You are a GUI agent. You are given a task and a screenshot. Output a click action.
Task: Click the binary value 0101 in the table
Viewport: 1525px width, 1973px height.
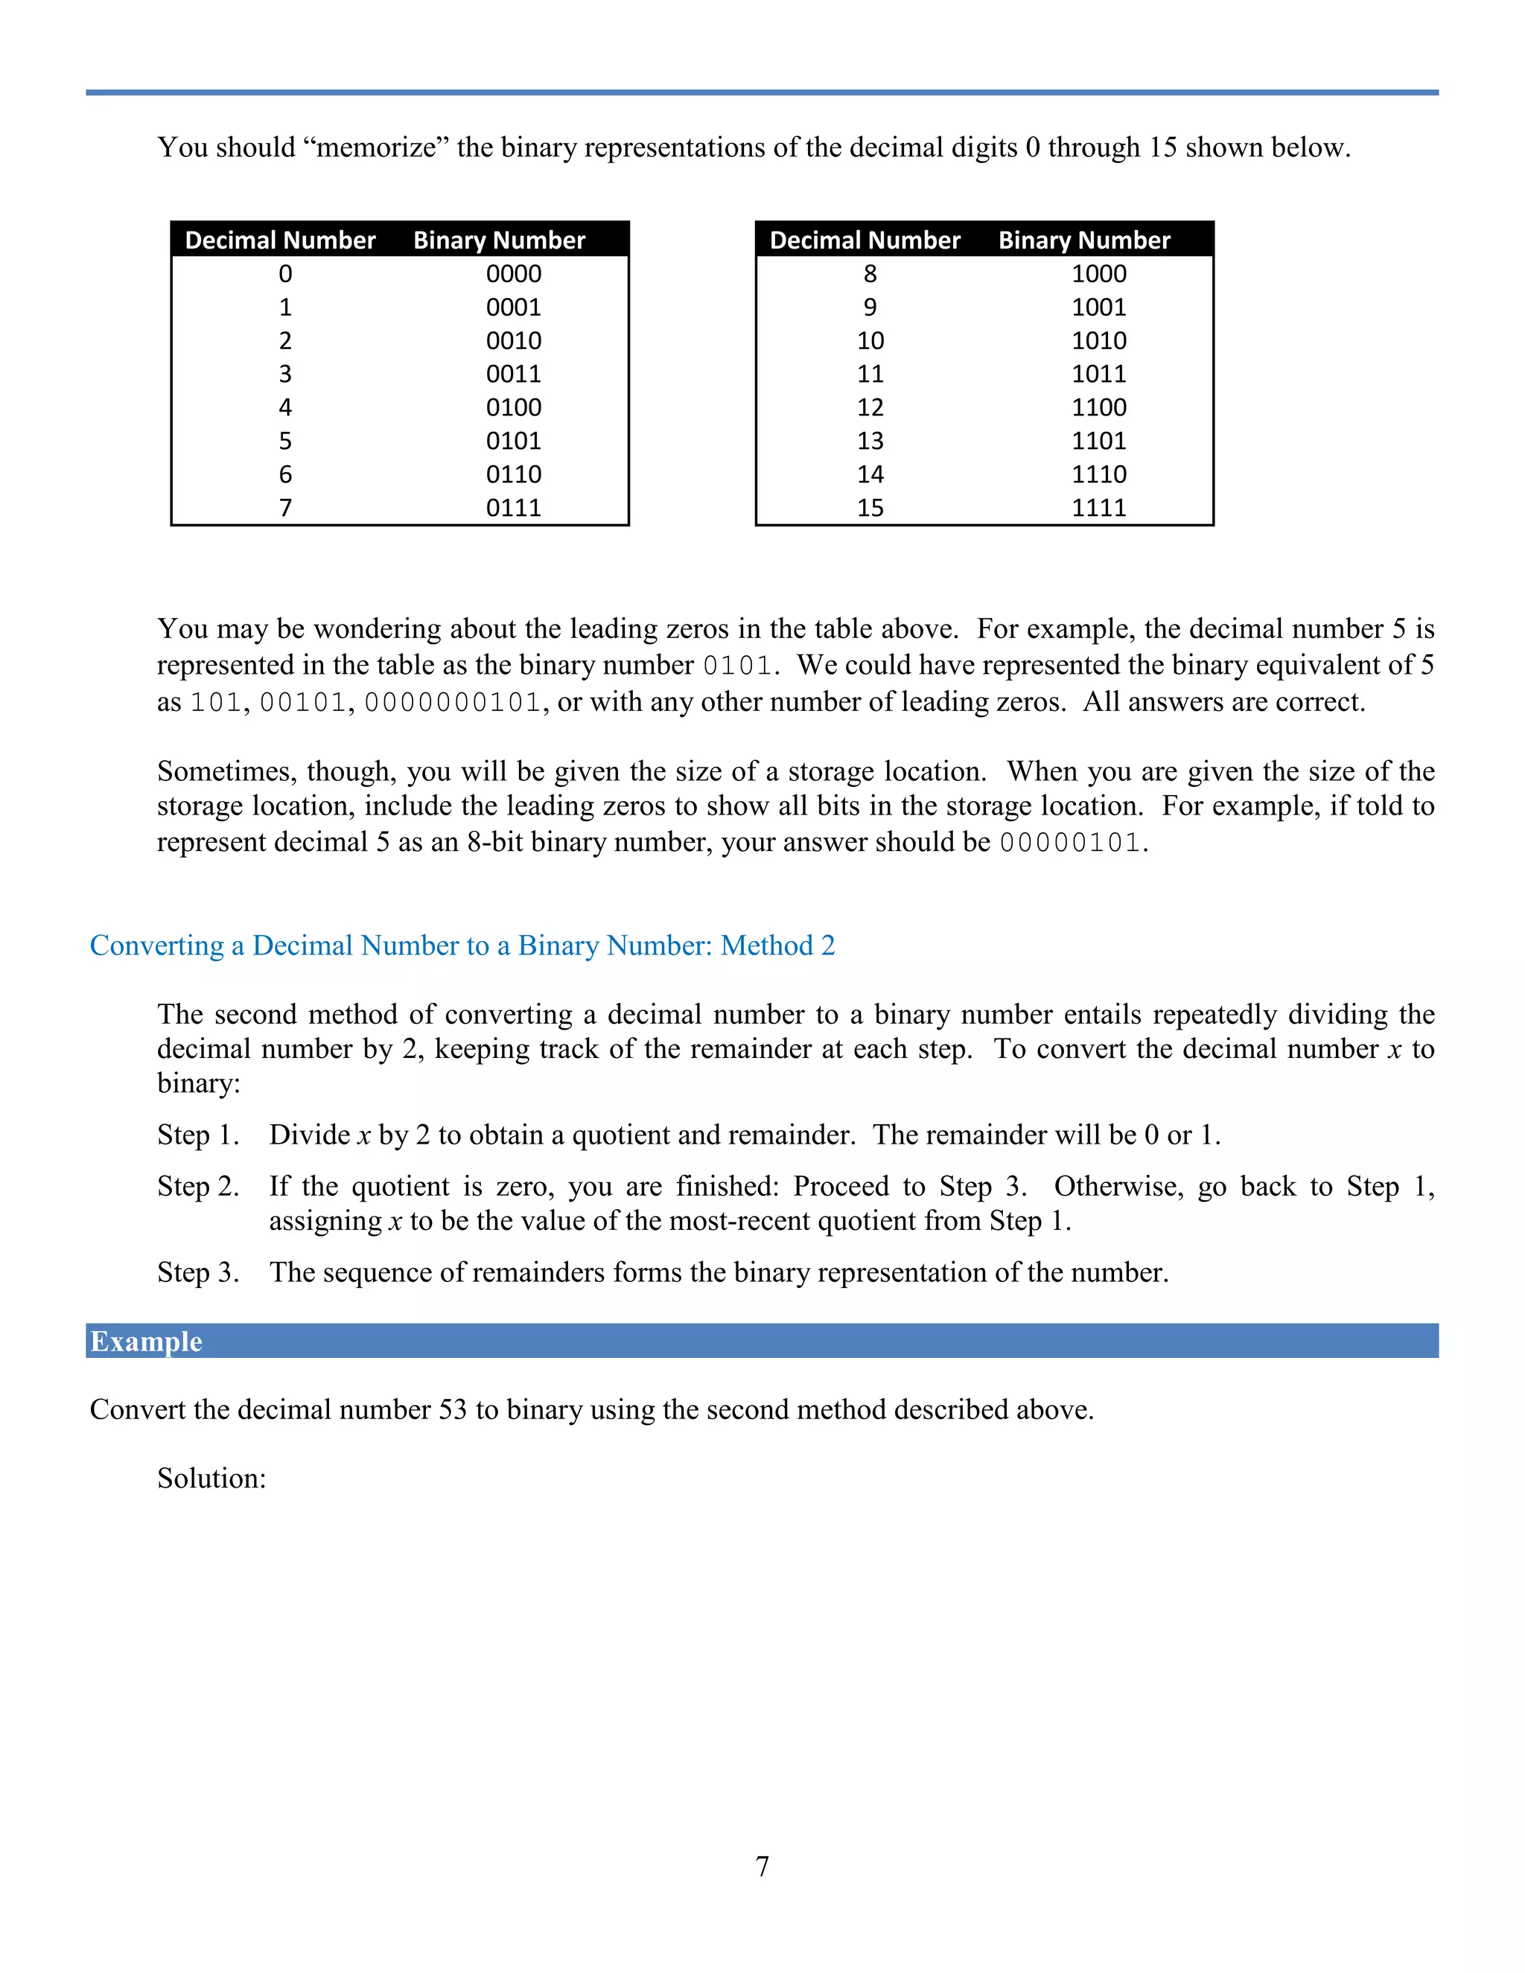tap(513, 441)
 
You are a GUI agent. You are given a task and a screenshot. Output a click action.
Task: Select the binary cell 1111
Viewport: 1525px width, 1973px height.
tap(1098, 508)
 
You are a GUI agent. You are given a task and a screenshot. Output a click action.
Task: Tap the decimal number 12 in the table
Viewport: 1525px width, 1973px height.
tap(870, 407)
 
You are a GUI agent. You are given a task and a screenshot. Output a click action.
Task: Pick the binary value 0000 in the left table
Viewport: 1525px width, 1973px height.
tap(513, 274)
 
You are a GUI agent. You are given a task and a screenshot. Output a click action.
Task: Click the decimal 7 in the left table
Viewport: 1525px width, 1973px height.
tap(285, 508)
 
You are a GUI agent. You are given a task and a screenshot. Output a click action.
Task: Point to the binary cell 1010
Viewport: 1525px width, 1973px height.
tap(1098, 340)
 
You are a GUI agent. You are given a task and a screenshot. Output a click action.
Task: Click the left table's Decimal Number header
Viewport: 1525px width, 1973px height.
tap(280, 240)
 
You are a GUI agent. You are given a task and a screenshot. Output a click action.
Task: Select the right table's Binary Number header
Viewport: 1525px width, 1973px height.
tap(1084, 240)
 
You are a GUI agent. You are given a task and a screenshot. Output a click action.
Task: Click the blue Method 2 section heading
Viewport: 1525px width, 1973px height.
tap(462, 945)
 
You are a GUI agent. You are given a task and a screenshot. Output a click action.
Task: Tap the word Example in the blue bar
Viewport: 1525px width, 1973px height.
tap(147, 1342)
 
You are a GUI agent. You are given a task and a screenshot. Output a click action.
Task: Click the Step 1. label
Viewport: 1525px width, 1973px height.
tap(198, 1135)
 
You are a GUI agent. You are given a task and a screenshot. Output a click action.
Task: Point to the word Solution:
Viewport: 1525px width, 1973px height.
tap(211, 1478)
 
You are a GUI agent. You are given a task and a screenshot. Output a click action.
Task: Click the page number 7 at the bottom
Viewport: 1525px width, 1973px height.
tap(762, 1866)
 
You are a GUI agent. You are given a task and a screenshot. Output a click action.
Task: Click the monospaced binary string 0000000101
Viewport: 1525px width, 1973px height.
tap(452, 703)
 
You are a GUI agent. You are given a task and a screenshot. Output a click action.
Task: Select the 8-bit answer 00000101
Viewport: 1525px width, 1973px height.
tap(1070, 843)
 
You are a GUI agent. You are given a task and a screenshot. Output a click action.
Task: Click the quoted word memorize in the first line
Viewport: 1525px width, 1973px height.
tap(376, 147)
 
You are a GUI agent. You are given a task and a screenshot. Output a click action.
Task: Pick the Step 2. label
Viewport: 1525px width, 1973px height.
tap(198, 1186)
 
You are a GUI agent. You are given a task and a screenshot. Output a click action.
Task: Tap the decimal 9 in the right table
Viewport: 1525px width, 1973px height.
tap(870, 307)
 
